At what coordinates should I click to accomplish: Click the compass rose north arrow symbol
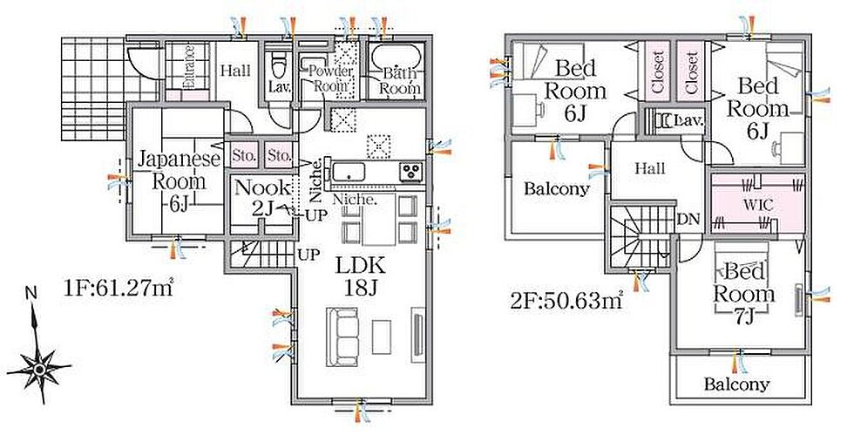click(38, 360)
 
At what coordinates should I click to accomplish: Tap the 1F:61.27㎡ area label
click(119, 287)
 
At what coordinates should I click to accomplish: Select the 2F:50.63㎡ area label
click(566, 301)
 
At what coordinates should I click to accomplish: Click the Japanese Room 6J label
click(179, 181)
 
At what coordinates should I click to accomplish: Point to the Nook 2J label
click(263, 197)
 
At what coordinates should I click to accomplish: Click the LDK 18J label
click(360, 277)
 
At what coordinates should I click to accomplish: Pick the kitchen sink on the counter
click(348, 173)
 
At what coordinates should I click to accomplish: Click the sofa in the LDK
click(342, 337)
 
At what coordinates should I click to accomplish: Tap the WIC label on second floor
click(758, 206)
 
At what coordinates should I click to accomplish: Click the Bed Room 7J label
click(744, 293)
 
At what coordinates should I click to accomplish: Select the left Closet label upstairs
click(658, 72)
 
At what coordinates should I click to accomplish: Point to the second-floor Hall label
click(650, 168)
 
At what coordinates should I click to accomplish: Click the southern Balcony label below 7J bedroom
click(736, 384)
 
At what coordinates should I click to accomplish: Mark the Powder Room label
click(330, 78)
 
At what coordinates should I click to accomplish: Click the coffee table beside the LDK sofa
click(382, 337)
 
